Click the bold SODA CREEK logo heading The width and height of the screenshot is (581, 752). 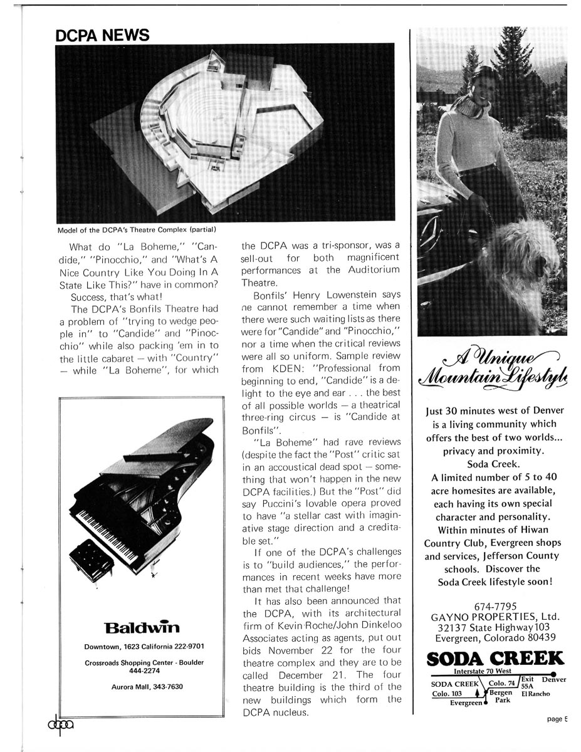tap(495, 659)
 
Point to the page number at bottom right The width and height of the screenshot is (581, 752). tap(557, 719)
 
